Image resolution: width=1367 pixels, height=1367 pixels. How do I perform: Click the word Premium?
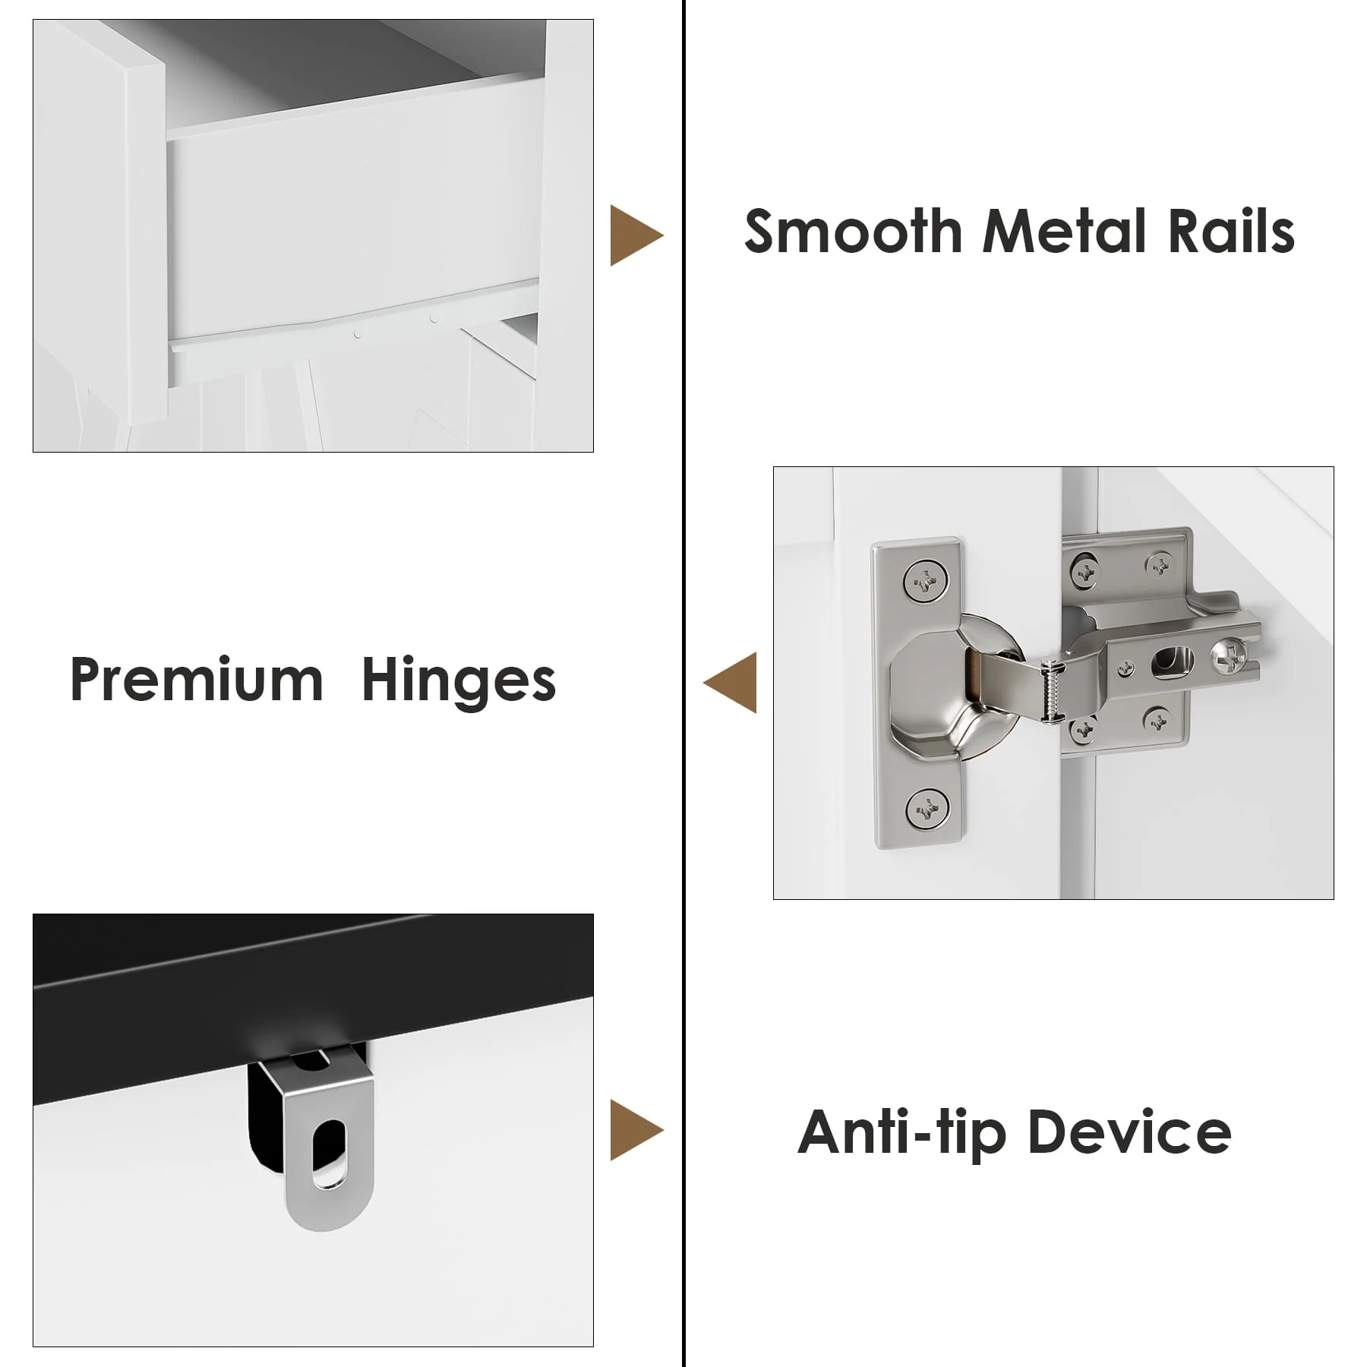coord(197,680)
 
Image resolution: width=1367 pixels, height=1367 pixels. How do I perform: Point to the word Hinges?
coord(459,680)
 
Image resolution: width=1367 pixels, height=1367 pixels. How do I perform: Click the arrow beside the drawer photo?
coord(636,235)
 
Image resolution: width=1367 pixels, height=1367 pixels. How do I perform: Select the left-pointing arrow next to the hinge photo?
coord(730,682)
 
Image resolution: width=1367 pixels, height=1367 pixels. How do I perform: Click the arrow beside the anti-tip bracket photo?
coord(636,1130)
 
